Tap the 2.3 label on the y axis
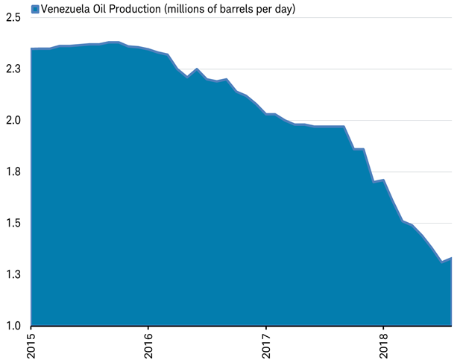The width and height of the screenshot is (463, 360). coord(12,69)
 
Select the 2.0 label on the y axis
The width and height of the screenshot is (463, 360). coord(12,121)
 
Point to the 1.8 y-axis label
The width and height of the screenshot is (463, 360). coord(12,172)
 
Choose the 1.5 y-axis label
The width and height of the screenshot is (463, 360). coord(12,224)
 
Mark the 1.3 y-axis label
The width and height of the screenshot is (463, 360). coord(12,275)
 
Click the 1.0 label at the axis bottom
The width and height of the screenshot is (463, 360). coord(12,326)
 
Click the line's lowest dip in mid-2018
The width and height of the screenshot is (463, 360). coord(442,262)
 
